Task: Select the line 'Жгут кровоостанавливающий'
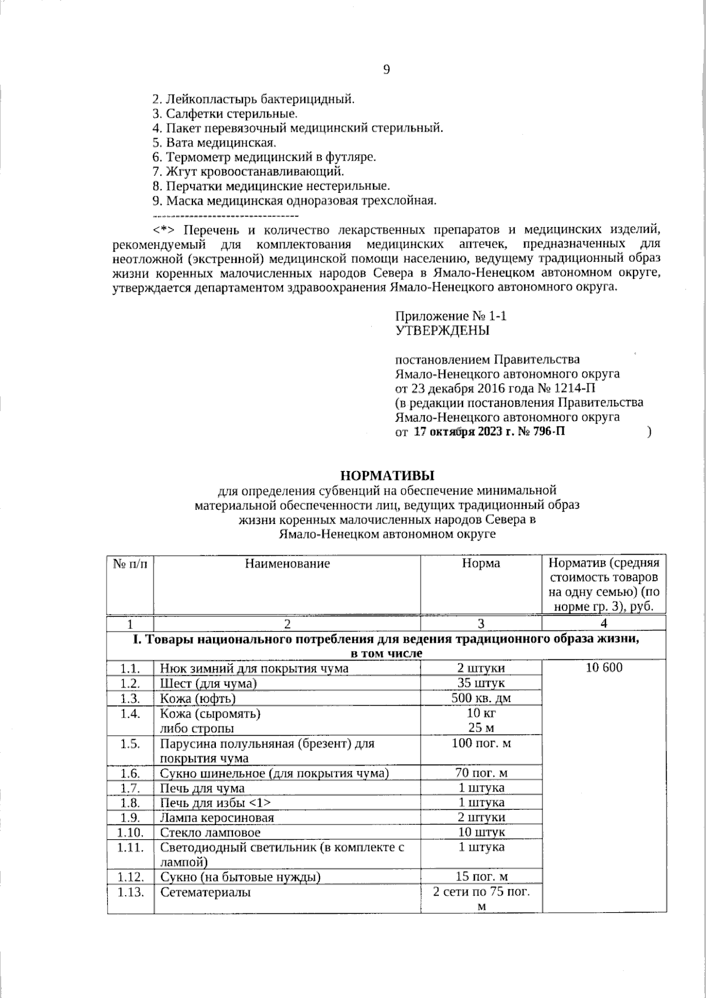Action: [248, 172]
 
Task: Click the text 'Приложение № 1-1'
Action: [451, 316]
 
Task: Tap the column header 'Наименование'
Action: [287, 563]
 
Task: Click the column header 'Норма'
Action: [481, 563]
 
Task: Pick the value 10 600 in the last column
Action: [604, 668]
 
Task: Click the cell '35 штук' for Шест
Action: [481, 683]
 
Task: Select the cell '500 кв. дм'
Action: [481, 699]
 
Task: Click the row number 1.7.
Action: [129, 788]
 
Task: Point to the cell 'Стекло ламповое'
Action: [210, 833]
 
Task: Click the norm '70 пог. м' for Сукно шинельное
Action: [481, 773]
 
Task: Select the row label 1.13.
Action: [130, 892]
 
